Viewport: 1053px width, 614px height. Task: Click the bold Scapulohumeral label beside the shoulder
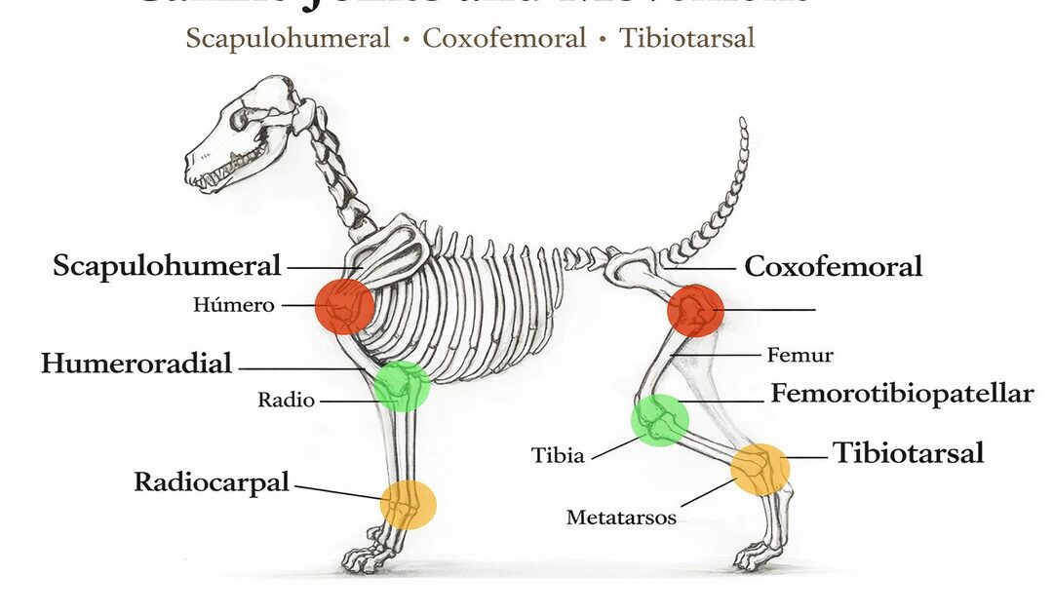167,265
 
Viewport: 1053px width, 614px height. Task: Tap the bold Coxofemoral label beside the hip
833,266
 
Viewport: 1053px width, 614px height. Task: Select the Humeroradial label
136,364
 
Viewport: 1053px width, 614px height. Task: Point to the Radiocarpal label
212,481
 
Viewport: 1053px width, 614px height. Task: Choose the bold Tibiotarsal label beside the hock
908,452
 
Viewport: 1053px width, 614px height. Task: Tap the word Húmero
234,305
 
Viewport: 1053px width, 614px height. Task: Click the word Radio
286,400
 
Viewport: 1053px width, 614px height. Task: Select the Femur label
799,355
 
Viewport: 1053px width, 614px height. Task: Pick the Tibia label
558,455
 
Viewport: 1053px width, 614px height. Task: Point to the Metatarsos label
621,518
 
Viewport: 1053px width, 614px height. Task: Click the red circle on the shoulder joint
344,306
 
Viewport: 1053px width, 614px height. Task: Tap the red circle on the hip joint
695,311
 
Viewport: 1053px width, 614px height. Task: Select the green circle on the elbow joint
402,386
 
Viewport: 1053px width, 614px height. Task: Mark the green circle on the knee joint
660,421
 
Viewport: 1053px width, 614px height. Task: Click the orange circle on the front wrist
409,504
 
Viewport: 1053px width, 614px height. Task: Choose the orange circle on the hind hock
760,469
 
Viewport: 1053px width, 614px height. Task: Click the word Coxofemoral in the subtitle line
504,39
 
